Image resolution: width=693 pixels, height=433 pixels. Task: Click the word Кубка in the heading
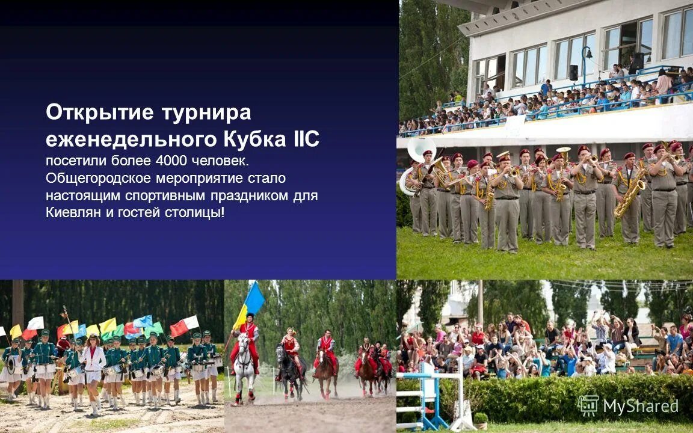pyautogui.click(x=253, y=140)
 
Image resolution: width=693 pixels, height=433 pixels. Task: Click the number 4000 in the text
pyautogui.click(x=174, y=162)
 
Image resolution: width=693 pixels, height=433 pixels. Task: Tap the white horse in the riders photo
pyautogui.click(x=244, y=364)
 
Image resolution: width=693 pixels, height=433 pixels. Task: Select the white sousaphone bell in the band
pyautogui.click(x=420, y=150)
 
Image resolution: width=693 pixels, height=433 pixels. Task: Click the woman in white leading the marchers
pyautogui.click(x=93, y=367)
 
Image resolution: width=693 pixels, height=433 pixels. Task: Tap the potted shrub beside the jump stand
pyautogui.click(x=481, y=419)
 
